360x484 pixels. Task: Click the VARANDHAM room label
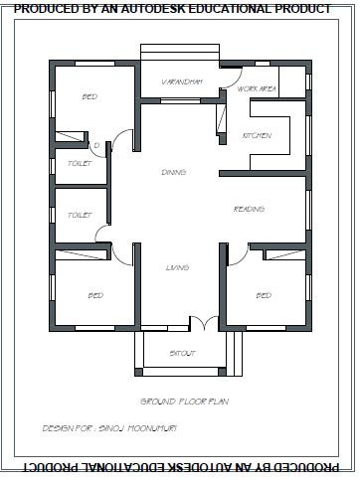click(x=182, y=81)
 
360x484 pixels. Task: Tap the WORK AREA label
click(x=257, y=88)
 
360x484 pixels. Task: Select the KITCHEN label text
click(x=257, y=135)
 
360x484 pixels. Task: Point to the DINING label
click(x=174, y=172)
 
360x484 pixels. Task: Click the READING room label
click(x=249, y=209)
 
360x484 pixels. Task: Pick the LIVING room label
click(x=177, y=267)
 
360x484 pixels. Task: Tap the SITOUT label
click(x=182, y=353)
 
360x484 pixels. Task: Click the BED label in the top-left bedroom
click(x=90, y=96)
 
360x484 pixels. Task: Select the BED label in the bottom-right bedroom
click(x=264, y=295)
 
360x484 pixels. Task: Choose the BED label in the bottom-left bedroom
click(x=95, y=295)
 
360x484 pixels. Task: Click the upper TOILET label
click(x=80, y=163)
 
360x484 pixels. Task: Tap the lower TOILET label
click(x=80, y=215)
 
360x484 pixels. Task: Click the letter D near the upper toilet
click(x=96, y=145)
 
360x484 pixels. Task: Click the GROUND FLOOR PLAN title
click(x=185, y=402)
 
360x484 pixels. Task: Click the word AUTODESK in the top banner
click(x=152, y=9)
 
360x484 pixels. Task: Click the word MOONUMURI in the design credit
click(x=152, y=428)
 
